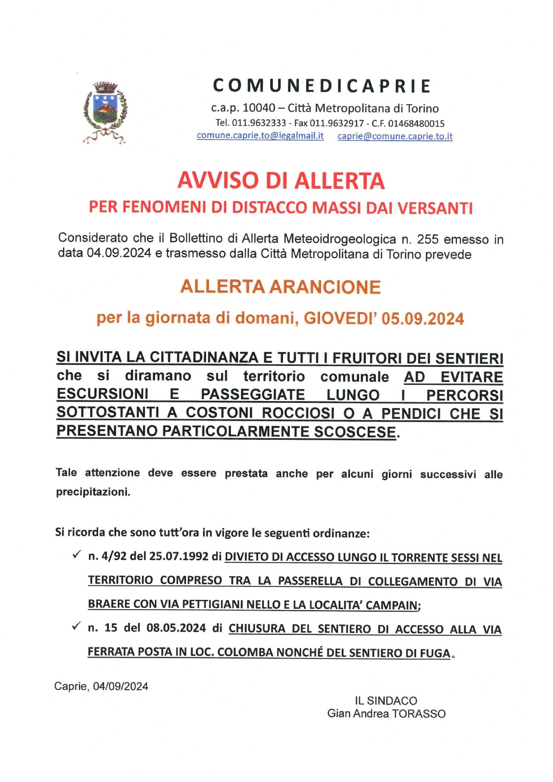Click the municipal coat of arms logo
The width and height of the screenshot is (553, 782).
coord(105,112)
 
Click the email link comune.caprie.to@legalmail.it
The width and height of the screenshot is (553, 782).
coord(260,136)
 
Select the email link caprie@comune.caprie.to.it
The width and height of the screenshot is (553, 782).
coord(395,136)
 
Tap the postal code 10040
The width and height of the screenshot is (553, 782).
coord(259,108)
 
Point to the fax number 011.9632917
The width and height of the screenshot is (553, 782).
coord(336,123)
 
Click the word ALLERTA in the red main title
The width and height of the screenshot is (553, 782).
coord(339,181)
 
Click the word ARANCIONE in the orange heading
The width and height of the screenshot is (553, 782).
coord(325,287)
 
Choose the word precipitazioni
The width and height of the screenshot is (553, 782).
coord(93,492)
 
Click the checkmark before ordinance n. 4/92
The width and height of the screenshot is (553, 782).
coord(76,555)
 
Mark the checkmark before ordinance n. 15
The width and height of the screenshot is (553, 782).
coord(76,627)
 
